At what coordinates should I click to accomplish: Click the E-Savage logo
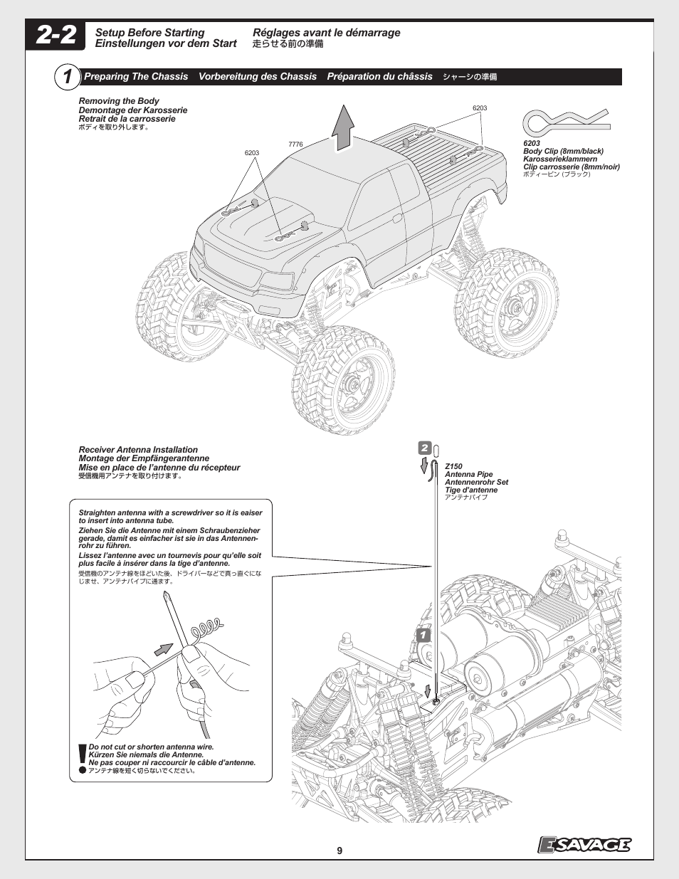coord(584,844)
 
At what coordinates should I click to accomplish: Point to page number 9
coord(339,851)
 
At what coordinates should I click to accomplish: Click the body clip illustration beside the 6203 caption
coord(565,121)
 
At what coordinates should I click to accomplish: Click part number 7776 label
coord(295,144)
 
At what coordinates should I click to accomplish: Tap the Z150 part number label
coord(453,466)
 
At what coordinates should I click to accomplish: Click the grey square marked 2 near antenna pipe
coord(425,448)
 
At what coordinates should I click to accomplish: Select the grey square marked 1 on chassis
coord(423,635)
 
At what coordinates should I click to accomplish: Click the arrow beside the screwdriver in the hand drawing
coord(164,648)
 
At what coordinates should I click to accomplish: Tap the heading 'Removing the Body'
coord(119,101)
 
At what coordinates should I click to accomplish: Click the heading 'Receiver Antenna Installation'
coord(138,450)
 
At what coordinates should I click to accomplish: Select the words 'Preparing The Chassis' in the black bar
coord(136,77)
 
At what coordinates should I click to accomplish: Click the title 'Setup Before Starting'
coord(149,33)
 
